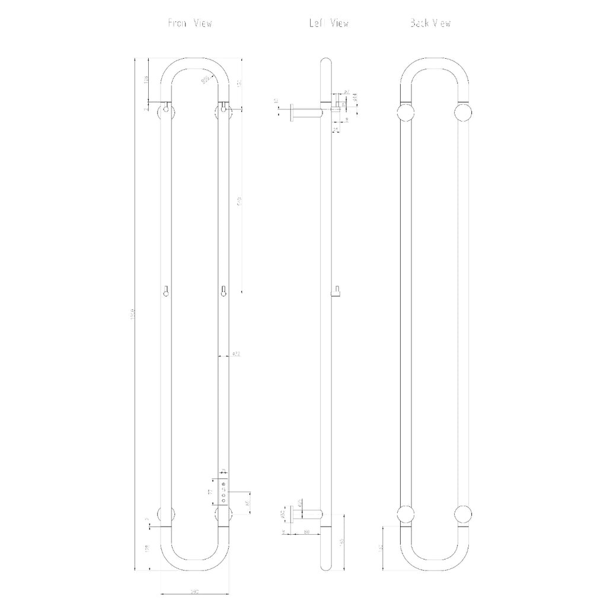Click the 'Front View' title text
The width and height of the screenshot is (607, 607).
tap(190, 24)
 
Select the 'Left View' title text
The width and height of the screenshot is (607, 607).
tap(328, 24)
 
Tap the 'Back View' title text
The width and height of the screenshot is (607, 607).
tap(430, 24)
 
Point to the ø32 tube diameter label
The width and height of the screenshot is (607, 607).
tap(235, 354)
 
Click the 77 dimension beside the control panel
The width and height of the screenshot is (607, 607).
tap(210, 492)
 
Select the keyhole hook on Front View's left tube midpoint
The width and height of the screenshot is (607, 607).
tap(167, 291)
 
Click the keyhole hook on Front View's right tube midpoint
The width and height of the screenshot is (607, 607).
tap(223, 291)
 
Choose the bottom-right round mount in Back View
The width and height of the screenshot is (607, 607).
tap(463, 515)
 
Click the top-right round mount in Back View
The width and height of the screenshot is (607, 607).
tap(463, 112)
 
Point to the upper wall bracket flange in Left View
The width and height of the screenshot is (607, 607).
tap(290, 113)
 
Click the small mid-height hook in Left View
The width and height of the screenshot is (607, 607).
tap(336, 290)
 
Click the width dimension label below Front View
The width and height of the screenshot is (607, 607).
tap(194, 592)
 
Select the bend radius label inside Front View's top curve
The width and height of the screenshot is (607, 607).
tap(205, 79)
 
